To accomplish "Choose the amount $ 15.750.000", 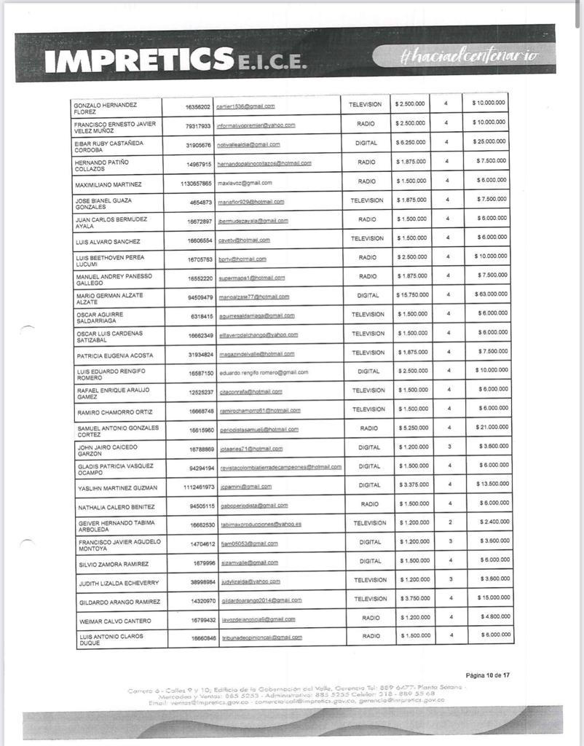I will tap(411, 295).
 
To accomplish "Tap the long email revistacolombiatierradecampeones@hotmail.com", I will tap(281, 466).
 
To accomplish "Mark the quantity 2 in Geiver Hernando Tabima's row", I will tap(449, 522).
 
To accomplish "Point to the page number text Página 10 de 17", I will tap(488, 675).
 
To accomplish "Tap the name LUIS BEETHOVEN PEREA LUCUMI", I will tap(111, 260).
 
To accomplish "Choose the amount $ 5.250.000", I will tap(413, 428).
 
